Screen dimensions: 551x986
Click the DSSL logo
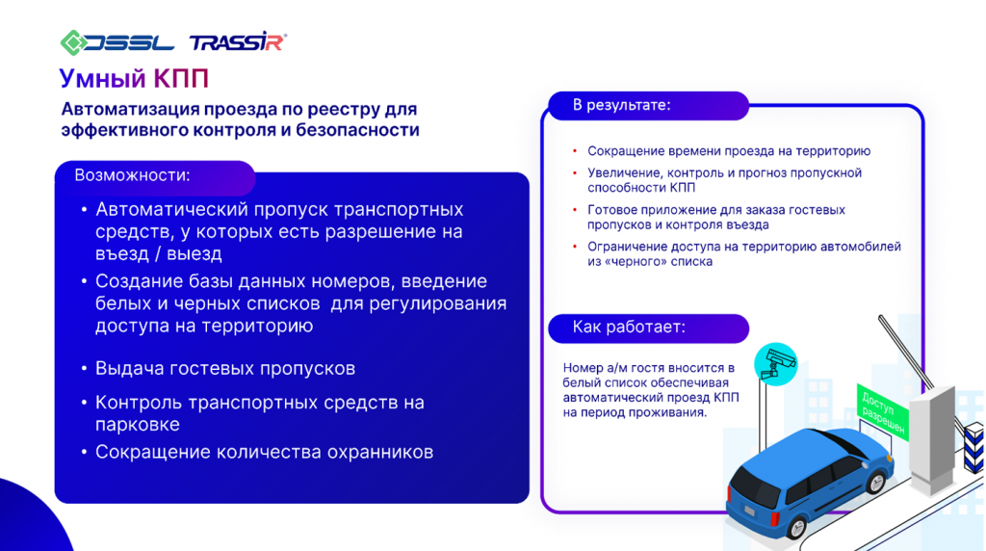tap(117, 41)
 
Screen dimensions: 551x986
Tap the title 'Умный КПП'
tap(133, 78)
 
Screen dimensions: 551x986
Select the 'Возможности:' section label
tap(132, 175)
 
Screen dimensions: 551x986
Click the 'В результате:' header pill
tap(621, 105)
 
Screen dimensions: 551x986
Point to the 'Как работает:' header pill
tap(629, 328)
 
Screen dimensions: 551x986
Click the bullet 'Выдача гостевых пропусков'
tap(225, 369)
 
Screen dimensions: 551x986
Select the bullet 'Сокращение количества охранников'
tap(264, 452)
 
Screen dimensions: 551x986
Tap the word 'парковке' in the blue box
tap(137, 424)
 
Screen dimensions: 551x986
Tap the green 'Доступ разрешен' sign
tap(881, 408)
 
